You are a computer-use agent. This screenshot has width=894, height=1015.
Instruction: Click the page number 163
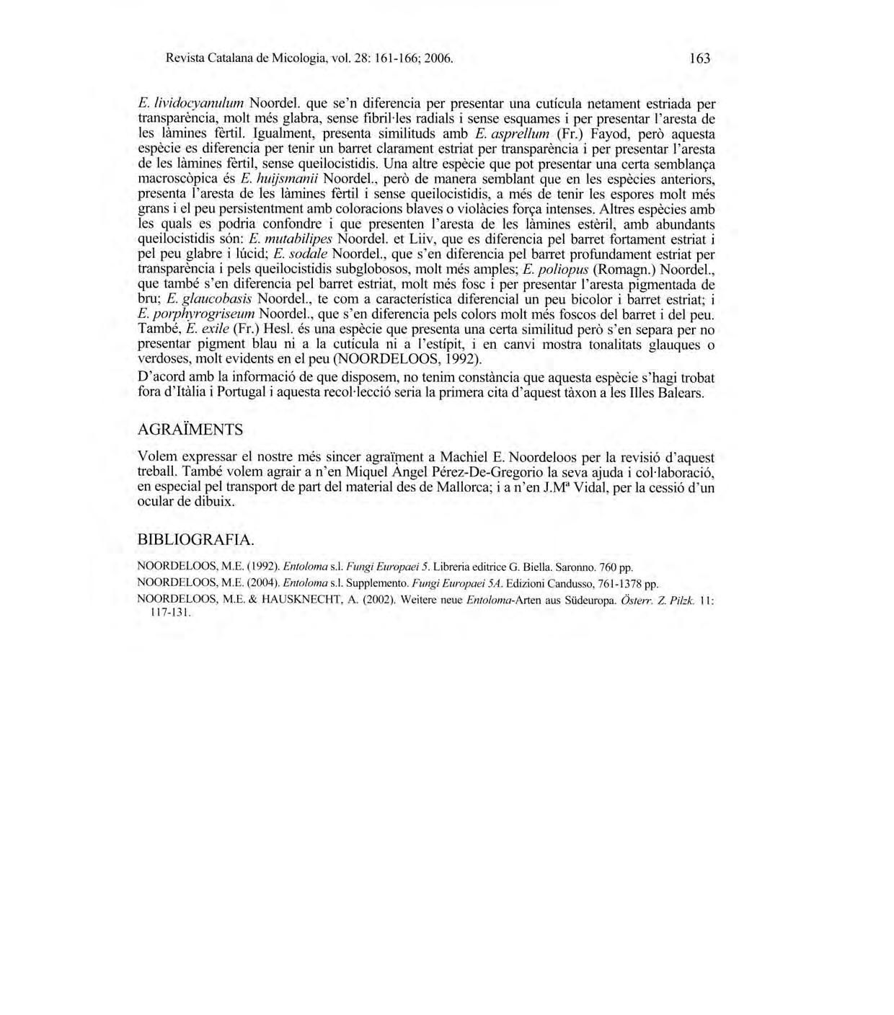coord(699,58)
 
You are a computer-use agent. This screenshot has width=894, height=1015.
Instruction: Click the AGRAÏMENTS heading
coord(190,430)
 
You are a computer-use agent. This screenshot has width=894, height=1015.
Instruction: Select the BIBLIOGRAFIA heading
coord(195,540)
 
